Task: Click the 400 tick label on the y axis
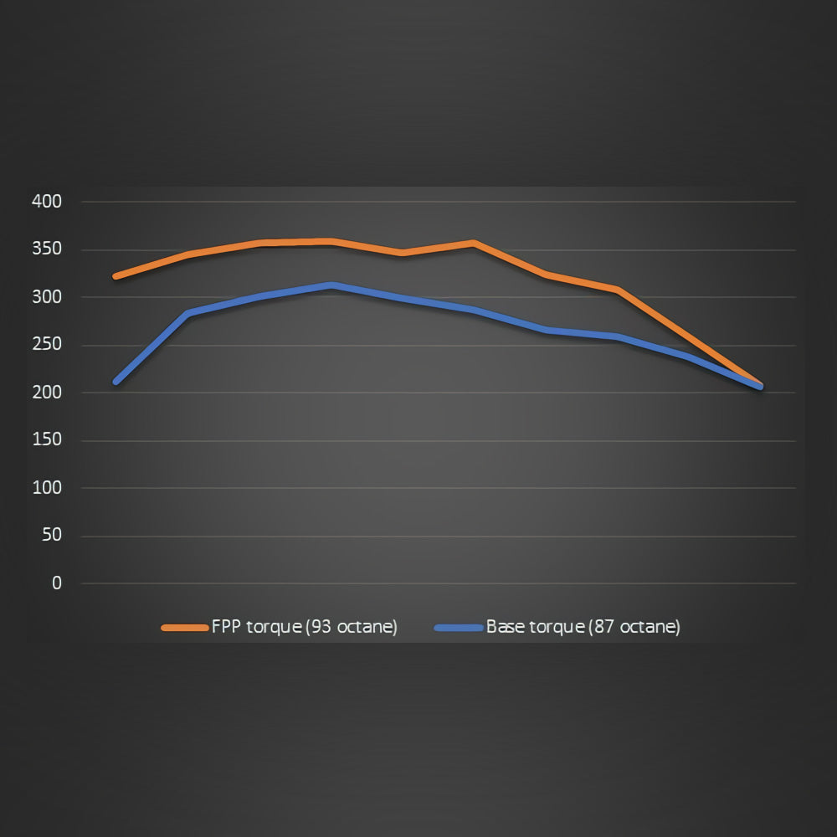click(x=46, y=202)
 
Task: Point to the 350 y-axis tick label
click(x=46, y=249)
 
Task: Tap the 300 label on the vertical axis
click(x=46, y=297)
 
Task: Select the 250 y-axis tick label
click(x=46, y=345)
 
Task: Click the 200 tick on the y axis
click(x=46, y=393)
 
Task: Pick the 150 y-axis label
click(x=46, y=440)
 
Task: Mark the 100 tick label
click(x=46, y=488)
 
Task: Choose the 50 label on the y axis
click(x=51, y=536)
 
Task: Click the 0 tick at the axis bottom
click(x=56, y=583)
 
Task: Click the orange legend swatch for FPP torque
click(x=184, y=627)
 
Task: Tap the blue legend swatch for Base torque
click(x=460, y=627)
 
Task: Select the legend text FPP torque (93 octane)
click(x=305, y=627)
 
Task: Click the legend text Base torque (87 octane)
click(x=583, y=627)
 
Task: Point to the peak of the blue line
click(x=332, y=285)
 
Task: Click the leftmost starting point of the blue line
click(x=116, y=382)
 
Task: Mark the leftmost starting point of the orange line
click(x=116, y=275)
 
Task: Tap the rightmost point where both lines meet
click(x=760, y=386)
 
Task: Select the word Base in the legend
click(x=505, y=627)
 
